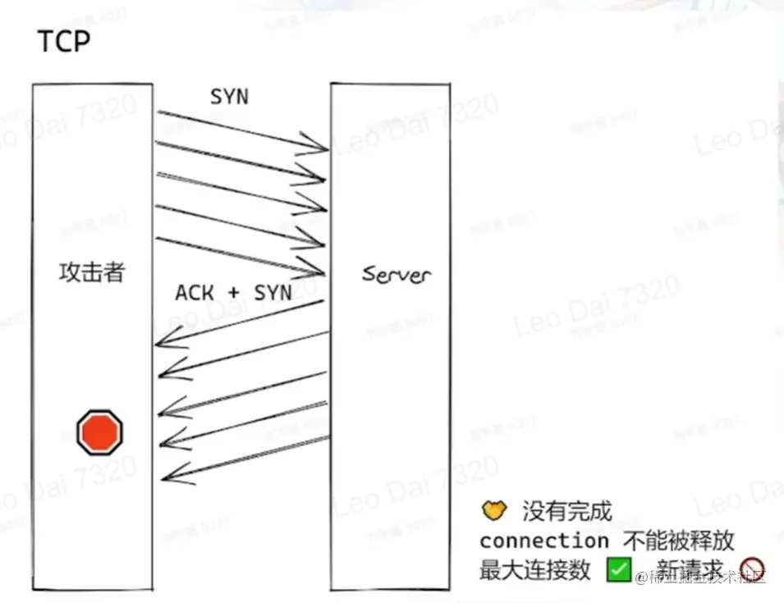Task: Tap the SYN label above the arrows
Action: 229,96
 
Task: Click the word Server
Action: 397,274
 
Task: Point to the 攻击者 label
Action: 92,272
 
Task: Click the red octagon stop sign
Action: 99,432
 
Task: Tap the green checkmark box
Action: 619,569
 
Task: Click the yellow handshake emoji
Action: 493,512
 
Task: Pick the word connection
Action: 543,541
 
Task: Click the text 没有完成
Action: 567,513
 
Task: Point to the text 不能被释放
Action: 678,541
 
